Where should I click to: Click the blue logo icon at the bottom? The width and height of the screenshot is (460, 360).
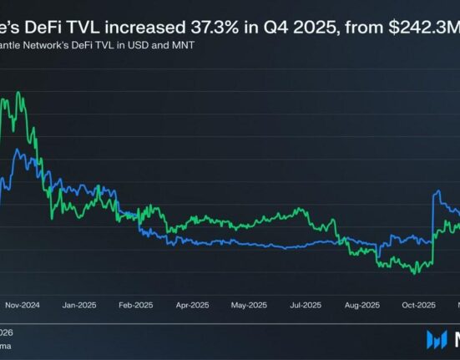click(437, 339)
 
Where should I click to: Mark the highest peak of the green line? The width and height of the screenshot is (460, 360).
click(18, 93)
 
